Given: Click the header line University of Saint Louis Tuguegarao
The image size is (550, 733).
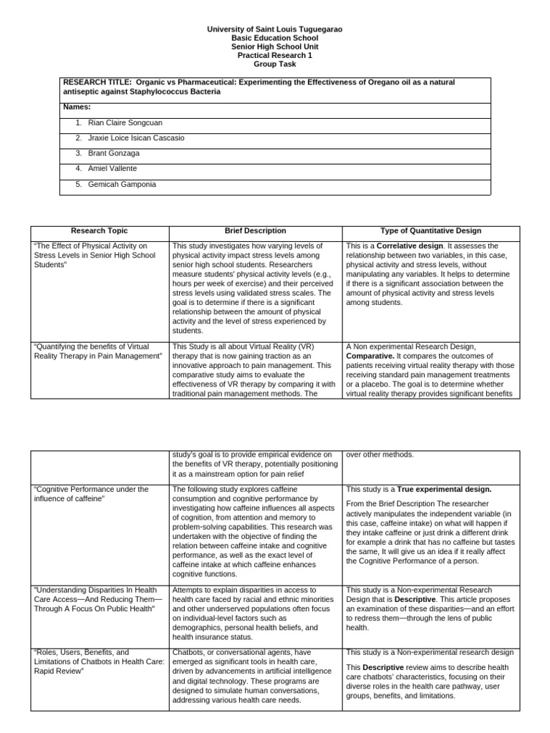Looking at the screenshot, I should click(275, 29).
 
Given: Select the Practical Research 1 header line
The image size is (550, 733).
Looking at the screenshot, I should click(275, 54).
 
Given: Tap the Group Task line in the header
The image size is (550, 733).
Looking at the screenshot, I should click(275, 63).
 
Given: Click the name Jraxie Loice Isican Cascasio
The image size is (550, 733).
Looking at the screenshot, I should click(136, 138).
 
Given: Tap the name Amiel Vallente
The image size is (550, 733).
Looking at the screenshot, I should click(112, 169).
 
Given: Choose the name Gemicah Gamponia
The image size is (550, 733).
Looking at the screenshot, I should click(120, 185).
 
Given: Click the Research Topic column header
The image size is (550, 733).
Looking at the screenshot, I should click(100, 231).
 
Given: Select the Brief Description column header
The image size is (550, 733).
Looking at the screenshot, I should click(255, 231).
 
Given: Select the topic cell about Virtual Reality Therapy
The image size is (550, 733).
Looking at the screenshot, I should click(99, 351).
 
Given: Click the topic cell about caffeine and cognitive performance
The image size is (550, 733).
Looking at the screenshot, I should click(92, 494).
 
